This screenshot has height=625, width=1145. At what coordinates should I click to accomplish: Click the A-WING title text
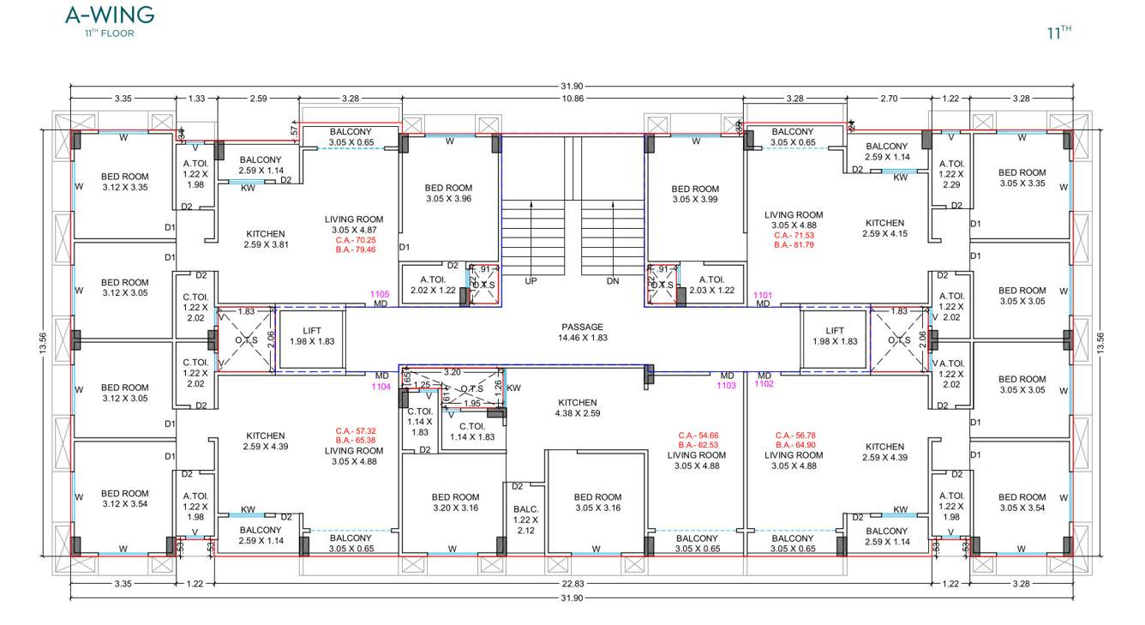click(x=110, y=15)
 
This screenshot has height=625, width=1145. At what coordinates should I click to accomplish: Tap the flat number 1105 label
click(x=380, y=294)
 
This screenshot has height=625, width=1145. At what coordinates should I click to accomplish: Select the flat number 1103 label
click(x=726, y=386)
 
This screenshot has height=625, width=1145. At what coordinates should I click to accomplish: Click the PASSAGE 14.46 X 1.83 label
click(x=582, y=333)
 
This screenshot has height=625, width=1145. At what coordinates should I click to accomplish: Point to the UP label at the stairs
click(x=531, y=281)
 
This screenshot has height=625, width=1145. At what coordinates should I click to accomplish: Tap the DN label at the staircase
click(x=612, y=281)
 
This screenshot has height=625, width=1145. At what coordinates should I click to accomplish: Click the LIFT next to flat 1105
click(x=312, y=336)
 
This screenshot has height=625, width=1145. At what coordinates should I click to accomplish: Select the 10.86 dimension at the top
click(x=572, y=99)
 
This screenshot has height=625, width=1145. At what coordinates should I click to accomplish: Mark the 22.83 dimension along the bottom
click(x=572, y=584)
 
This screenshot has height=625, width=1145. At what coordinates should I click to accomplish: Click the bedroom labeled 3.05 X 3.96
click(x=449, y=193)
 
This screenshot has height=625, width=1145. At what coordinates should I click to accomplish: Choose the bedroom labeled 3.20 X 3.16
click(x=455, y=502)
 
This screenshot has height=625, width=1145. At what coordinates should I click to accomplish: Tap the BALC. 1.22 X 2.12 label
click(x=525, y=520)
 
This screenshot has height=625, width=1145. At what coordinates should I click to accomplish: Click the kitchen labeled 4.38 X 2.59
click(x=577, y=408)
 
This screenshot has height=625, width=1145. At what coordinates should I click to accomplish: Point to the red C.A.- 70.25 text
click(x=355, y=241)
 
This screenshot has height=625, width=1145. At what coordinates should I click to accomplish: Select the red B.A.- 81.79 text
click(x=793, y=245)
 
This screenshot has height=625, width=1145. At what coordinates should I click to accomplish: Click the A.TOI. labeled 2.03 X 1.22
click(x=711, y=285)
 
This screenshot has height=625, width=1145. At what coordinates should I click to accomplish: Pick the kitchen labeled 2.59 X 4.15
click(x=884, y=228)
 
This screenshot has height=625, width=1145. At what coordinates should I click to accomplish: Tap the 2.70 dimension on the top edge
click(x=889, y=99)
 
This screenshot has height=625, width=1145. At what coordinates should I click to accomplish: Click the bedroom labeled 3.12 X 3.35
click(x=124, y=182)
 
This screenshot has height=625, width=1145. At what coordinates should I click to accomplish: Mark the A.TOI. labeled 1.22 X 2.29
click(x=951, y=174)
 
